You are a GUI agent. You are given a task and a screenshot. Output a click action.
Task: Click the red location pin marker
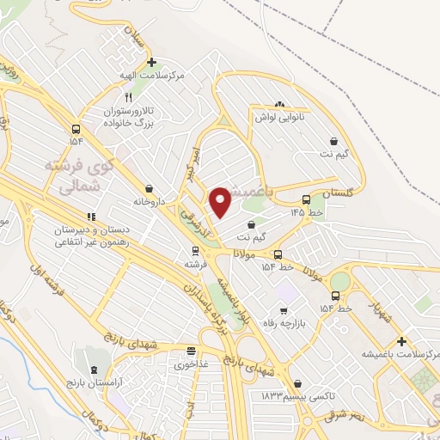click(220, 201)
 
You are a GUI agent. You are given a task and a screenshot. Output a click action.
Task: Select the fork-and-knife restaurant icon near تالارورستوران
click(127, 97)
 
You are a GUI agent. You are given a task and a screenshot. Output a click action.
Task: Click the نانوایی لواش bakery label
click(279, 117)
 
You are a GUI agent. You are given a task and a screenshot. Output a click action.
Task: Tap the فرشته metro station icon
click(195, 252)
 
